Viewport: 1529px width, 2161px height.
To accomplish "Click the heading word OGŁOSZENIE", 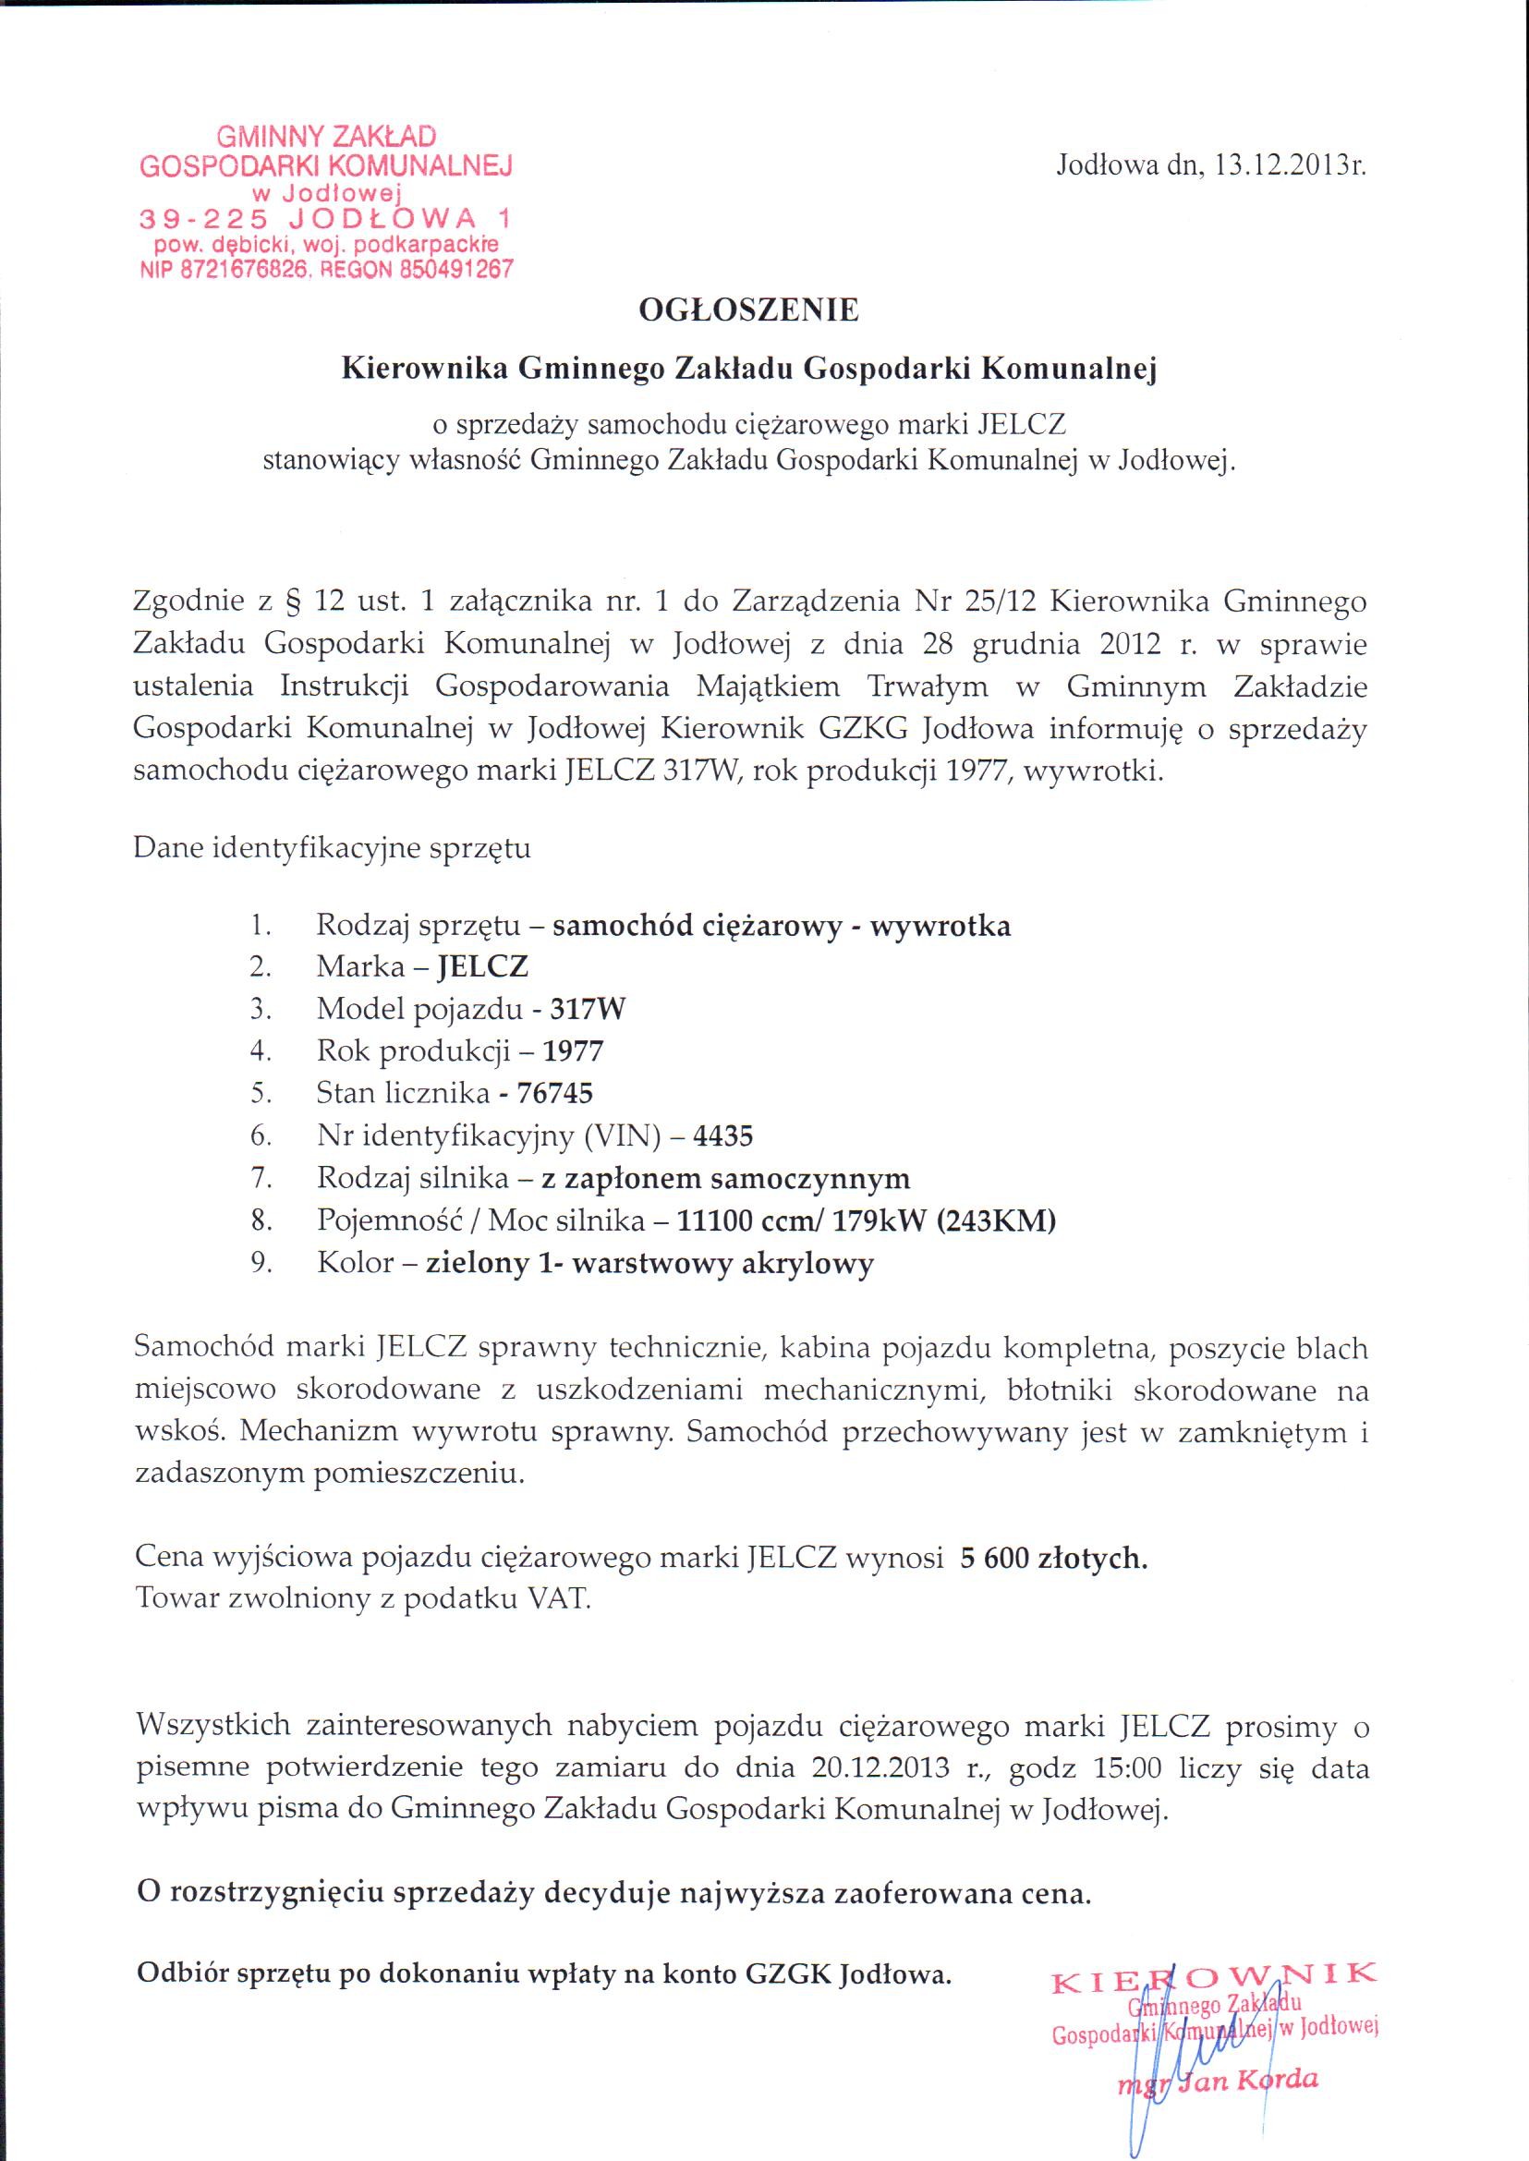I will coord(748,310).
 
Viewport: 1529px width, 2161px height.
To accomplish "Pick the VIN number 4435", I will coord(722,1135).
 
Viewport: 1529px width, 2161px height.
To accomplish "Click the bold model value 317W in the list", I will coord(588,1010).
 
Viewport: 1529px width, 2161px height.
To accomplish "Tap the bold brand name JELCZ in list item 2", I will coord(478,967).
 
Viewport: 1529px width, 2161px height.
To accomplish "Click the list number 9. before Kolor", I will coord(261,1263).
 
